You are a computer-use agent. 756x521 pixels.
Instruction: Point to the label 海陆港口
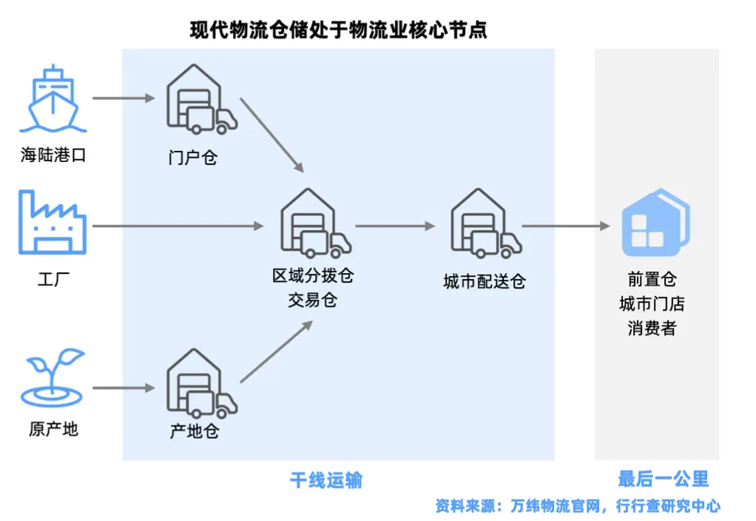click(53, 156)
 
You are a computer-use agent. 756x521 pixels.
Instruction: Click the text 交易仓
click(312, 301)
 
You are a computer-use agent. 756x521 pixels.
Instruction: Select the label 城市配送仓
click(485, 281)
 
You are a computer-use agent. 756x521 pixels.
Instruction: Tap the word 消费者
click(652, 329)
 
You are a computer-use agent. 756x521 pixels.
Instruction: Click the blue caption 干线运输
click(326, 480)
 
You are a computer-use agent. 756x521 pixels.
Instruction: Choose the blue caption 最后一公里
click(663, 479)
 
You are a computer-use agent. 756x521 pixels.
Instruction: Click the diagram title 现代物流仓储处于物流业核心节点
click(339, 30)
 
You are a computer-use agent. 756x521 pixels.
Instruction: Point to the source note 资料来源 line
click(578, 506)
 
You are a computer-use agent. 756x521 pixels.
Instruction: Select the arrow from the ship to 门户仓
click(124, 98)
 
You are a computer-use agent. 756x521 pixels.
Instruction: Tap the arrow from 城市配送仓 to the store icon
click(567, 226)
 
